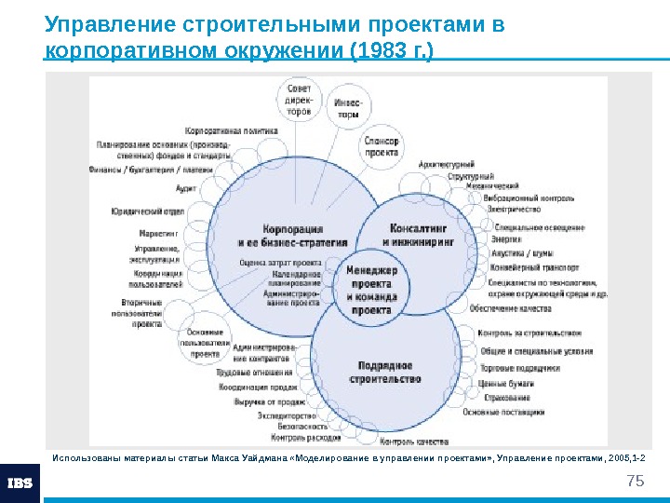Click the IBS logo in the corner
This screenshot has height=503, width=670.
[x=20, y=483]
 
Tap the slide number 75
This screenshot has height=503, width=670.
[x=636, y=481]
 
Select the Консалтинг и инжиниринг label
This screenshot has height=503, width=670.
[x=418, y=232]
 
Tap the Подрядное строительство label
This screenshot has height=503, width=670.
[x=384, y=372]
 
